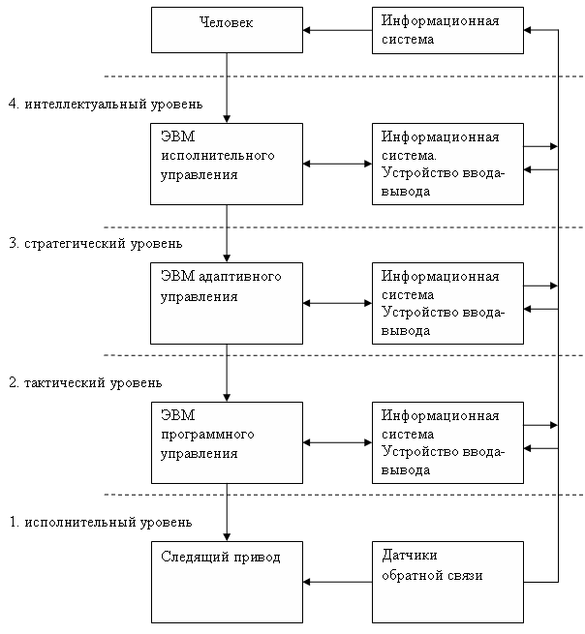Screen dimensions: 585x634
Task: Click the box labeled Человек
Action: pyautogui.click(x=227, y=30)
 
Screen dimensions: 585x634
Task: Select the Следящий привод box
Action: pyautogui.click(x=227, y=582)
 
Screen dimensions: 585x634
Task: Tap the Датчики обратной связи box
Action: pyautogui.click(x=447, y=582)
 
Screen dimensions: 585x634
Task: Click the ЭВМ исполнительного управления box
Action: pyautogui.click(x=227, y=164)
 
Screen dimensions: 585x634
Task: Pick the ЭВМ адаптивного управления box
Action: pyautogui.click(x=227, y=303)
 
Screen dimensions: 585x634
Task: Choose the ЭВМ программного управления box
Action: pyautogui.click(x=227, y=442)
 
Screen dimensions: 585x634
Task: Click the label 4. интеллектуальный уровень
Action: pyautogui.click(x=106, y=104)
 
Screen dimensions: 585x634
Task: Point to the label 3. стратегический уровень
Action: pyautogui.click(x=96, y=243)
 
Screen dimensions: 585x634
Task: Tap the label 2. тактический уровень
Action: pyautogui.click(x=85, y=382)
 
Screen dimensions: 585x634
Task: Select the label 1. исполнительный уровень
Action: pyautogui.click(x=101, y=522)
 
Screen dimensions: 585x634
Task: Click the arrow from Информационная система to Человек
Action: pyautogui.click(x=337, y=30)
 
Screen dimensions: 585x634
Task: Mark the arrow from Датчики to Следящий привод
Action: pyautogui.click(x=337, y=582)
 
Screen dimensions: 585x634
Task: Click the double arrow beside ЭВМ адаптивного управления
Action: pyautogui.click(x=337, y=303)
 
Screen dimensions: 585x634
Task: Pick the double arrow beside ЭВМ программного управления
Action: pyautogui.click(x=337, y=442)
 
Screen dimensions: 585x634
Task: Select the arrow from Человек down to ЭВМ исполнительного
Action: pyautogui.click(x=227, y=88)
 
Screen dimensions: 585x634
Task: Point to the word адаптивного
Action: pyautogui.click(x=240, y=278)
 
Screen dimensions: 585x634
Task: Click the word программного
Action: pyautogui.click(x=207, y=436)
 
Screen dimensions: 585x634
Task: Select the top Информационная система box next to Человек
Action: pyautogui.click(x=447, y=30)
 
